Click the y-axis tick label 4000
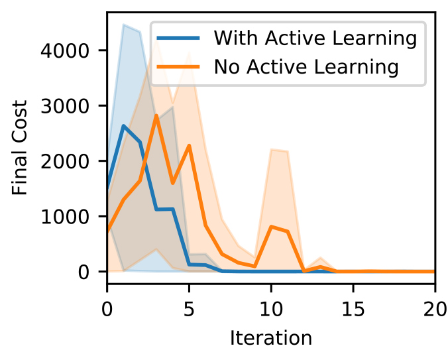point(64,51)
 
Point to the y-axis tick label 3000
point(64,106)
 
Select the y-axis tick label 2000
point(64,161)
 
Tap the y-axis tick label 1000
point(64,217)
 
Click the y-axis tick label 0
point(84,272)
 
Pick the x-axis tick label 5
point(189,309)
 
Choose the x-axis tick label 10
point(271,309)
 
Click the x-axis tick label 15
point(353,309)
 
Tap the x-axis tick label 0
point(107,309)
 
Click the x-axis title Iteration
point(271,338)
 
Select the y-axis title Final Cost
point(19,147)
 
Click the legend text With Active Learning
point(315,38)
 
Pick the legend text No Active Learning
point(306,67)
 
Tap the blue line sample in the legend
point(178,38)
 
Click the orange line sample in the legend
point(178,66)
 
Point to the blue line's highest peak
point(123,126)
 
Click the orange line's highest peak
point(156,115)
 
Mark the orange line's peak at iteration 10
point(271,227)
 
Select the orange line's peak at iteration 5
point(189,145)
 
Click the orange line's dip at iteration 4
point(172,183)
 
